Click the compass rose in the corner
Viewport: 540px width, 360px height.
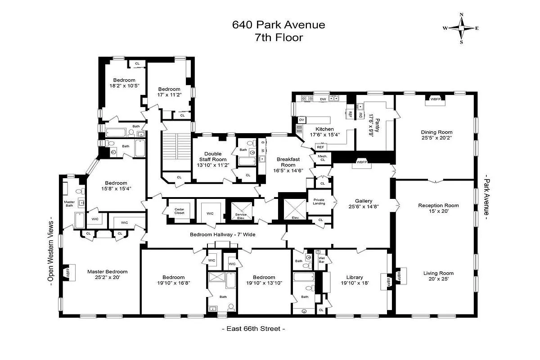coord(461,28)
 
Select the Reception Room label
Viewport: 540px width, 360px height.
coord(435,205)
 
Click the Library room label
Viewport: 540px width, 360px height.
coord(355,277)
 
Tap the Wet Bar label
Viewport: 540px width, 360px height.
coord(321,260)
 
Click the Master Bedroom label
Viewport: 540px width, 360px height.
coord(107,271)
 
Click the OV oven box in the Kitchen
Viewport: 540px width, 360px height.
coord(301,120)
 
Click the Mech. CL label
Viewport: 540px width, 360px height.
coord(323,157)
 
